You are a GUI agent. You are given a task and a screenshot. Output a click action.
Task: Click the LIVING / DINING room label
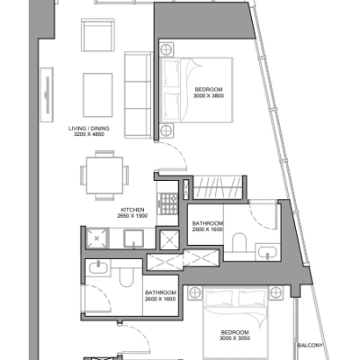click(89, 129)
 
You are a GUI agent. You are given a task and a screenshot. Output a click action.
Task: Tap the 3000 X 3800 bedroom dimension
click(209, 96)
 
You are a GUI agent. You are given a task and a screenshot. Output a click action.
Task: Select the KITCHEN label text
click(132, 210)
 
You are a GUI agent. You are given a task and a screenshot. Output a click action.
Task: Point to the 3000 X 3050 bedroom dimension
click(235, 338)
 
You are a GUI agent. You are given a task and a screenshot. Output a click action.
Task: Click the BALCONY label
click(310, 346)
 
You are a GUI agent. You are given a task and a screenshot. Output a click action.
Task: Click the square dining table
click(104, 175)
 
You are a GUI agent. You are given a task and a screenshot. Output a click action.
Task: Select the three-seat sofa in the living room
click(138, 95)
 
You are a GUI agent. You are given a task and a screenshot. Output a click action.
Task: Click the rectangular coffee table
click(98, 94)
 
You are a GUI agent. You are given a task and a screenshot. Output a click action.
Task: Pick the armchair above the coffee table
click(98, 35)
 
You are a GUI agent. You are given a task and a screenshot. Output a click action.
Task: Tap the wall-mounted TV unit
click(47, 94)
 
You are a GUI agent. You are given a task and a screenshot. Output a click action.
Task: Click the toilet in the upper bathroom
click(239, 242)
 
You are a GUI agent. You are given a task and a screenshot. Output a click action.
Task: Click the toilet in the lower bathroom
click(126, 277)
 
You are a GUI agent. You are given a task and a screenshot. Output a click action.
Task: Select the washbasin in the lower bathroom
click(98, 266)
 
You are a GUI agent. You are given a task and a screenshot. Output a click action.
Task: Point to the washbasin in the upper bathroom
click(267, 252)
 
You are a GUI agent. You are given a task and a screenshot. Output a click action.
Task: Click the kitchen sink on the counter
click(133, 238)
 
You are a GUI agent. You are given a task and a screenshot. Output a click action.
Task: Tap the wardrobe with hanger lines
click(217, 187)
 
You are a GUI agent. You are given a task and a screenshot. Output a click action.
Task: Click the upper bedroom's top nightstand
click(166, 49)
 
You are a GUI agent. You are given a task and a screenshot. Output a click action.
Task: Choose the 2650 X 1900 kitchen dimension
click(132, 216)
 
